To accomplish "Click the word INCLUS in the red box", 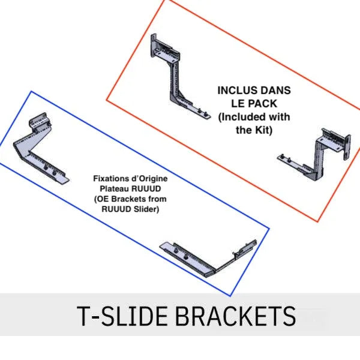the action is pos(234,91).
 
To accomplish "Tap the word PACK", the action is pos(263,104).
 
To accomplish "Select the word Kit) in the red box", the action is pos(263,130).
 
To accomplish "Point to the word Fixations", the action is pos(107,178).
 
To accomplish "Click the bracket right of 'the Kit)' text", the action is pos(314,154).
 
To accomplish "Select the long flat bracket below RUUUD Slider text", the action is pos(208,258).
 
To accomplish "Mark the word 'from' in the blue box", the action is pos(157,199).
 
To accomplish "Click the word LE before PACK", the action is pos(239,104).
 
